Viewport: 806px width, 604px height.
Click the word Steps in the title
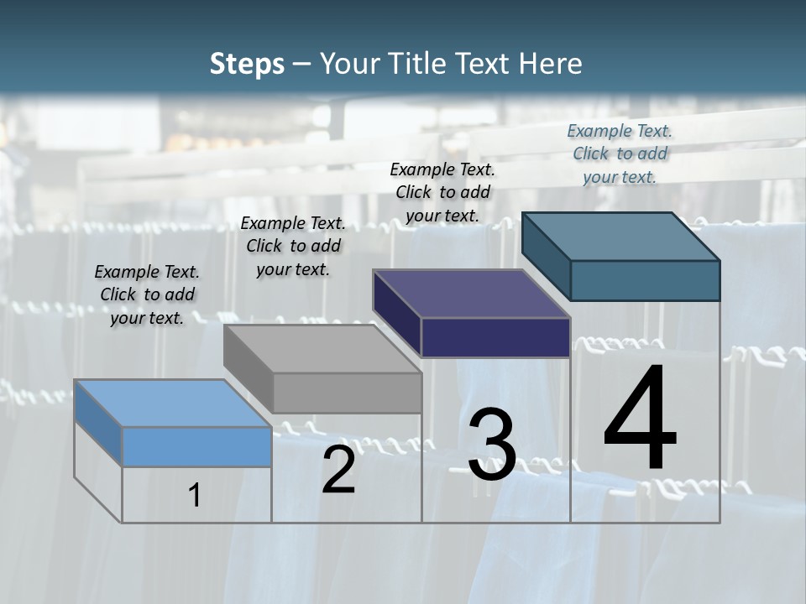(247, 64)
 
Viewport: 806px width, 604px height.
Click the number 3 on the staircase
(491, 445)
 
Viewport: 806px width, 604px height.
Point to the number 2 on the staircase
(338, 470)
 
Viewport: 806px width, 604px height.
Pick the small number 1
(194, 495)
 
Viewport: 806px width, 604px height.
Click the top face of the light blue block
(172, 404)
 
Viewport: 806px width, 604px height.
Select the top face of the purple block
(471, 294)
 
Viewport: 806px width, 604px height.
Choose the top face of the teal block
(620, 237)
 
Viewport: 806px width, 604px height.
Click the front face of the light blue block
(196, 446)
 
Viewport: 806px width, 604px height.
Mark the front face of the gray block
(347, 393)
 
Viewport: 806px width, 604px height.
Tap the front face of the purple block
(495, 337)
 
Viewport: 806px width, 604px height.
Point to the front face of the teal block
(645, 280)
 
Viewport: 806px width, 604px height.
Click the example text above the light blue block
(147, 294)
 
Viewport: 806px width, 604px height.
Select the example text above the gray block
(293, 246)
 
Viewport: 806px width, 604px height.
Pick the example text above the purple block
(442, 192)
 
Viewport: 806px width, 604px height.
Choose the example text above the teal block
(620, 154)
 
